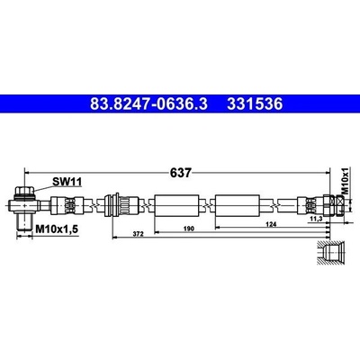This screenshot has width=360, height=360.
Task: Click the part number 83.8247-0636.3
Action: tap(148, 104)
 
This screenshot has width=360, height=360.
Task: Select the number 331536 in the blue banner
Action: tap(255, 104)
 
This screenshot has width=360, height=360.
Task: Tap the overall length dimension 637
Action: tap(180, 173)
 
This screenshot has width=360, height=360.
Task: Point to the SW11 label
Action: tap(67, 182)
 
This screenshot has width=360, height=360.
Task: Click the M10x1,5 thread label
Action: tap(57, 229)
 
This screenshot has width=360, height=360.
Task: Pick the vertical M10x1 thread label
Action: tap(346, 181)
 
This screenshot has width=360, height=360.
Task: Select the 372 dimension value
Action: tap(139, 234)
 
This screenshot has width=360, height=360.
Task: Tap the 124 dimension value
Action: tap(271, 224)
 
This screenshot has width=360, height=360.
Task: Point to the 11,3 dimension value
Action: tap(315, 220)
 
